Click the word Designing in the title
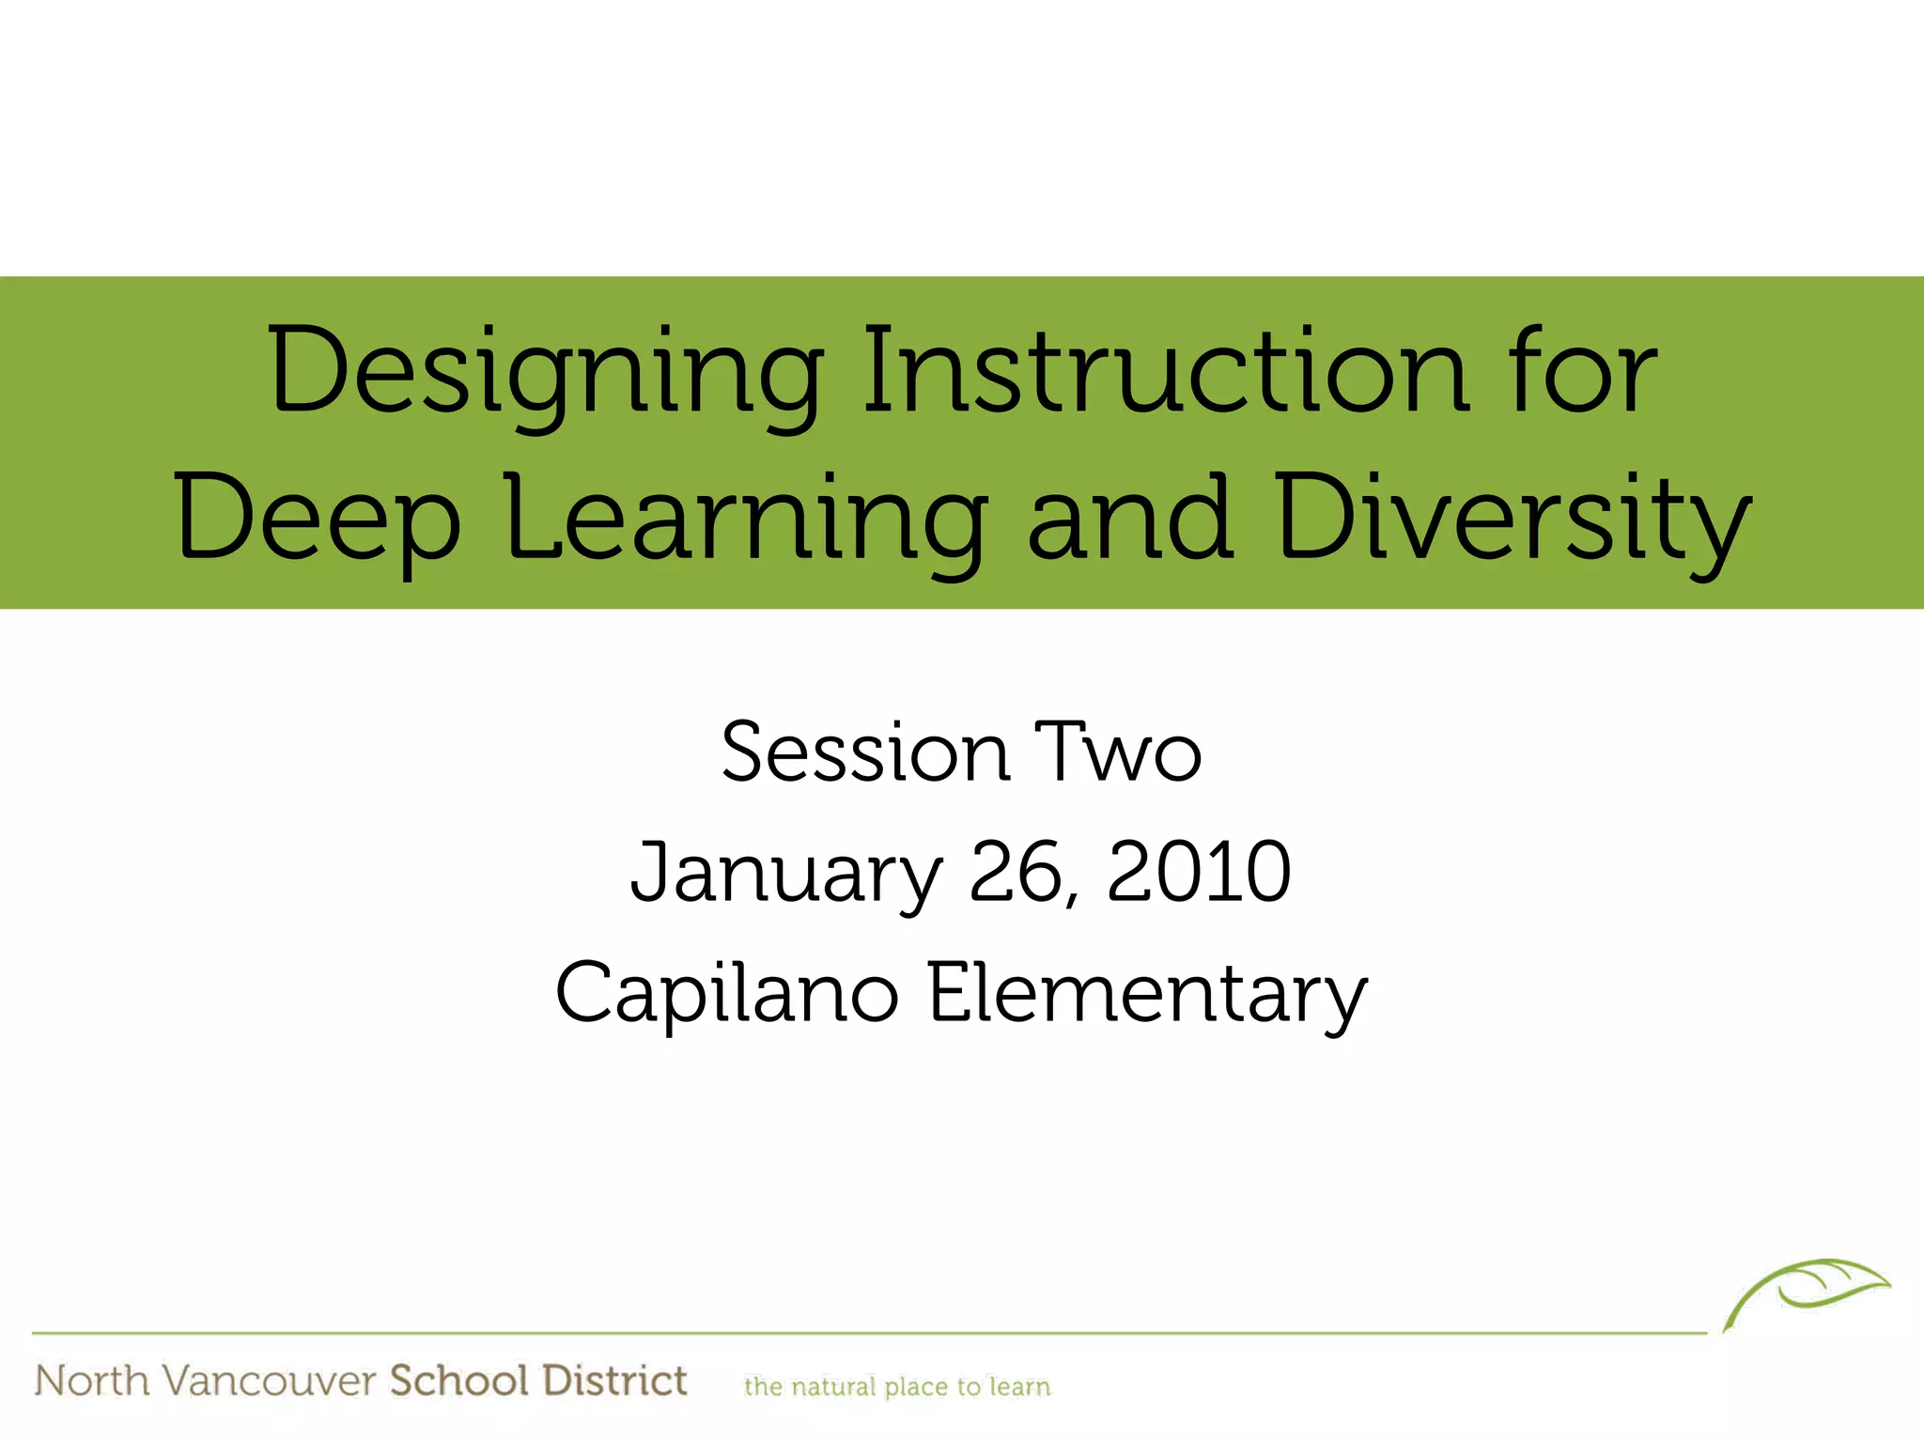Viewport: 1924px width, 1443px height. coord(546,374)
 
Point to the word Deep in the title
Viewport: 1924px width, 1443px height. coord(318,521)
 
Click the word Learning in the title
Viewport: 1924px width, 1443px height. coord(747,521)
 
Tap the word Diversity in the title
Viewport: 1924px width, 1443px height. coord(1513,521)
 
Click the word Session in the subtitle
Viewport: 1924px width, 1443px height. coord(864,753)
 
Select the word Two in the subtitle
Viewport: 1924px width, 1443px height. coord(1118,753)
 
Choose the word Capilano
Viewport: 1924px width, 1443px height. coord(726,994)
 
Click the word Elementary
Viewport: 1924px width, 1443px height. coord(1147,994)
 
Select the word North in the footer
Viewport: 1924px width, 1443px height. coord(92,1381)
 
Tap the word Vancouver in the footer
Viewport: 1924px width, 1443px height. coord(269,1382)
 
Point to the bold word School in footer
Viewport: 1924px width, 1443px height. coord(459,1381)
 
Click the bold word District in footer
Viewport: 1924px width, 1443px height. coord(615,1381)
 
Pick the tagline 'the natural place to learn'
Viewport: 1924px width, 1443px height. coord(897,1387)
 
